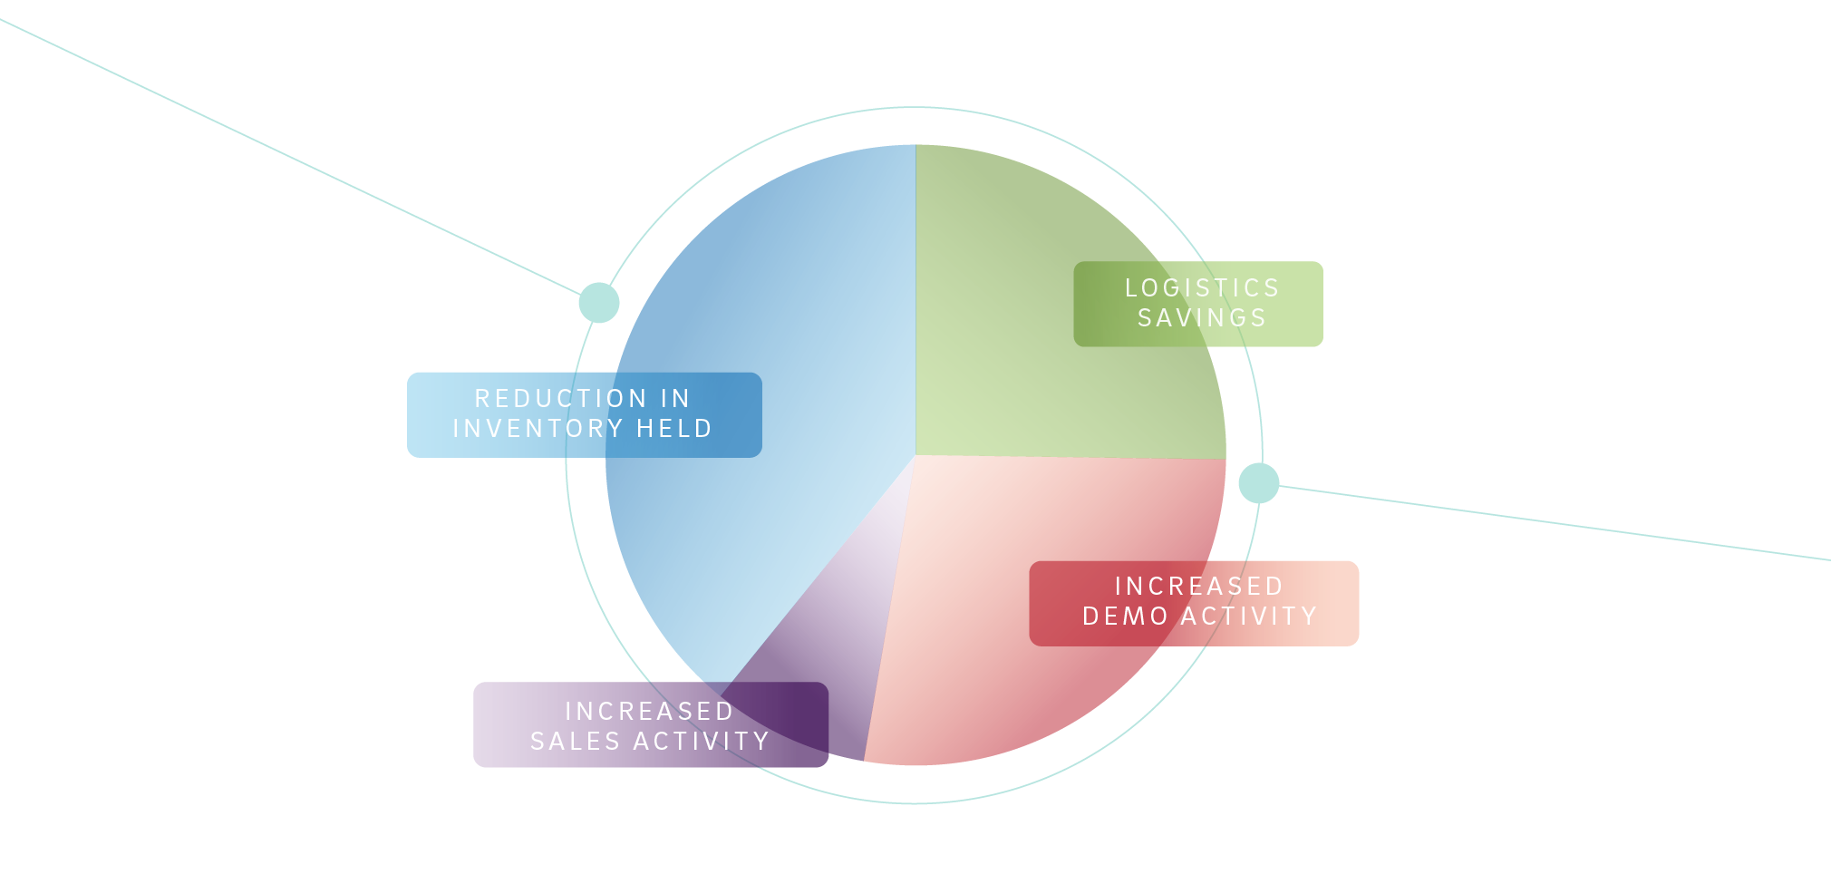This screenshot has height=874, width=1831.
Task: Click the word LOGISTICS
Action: coord(1202,288)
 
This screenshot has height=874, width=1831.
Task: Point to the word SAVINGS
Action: coord(1202,318)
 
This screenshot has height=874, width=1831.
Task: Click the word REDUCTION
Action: coord(560,399)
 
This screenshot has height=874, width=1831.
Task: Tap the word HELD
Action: coord(674,429)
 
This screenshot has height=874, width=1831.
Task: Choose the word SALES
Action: coord(575,742)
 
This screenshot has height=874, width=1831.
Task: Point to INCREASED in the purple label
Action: coord(649,712)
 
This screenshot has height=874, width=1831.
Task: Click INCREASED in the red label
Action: coord(1198,587)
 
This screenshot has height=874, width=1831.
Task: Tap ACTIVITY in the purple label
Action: coord(702,742)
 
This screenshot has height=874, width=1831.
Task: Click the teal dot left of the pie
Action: coord(599,302)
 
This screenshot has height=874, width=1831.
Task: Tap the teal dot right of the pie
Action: coord(1258,482)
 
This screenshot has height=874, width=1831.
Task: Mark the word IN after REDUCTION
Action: coord(675,399)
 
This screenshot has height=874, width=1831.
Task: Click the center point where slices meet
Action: coord(915,455)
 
